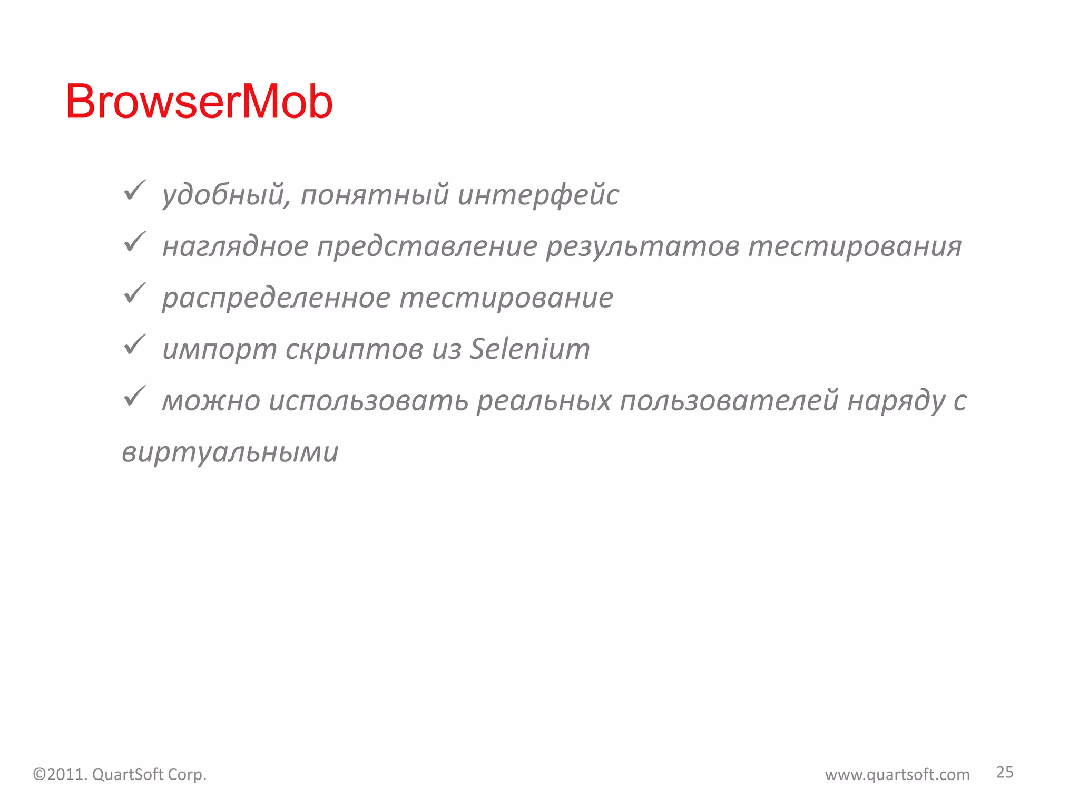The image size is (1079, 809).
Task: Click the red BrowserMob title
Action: coord(199,102)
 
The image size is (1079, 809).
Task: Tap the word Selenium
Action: coord(529,349)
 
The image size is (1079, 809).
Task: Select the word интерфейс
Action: coord(538,195)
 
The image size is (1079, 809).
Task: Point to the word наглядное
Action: coord(235,246)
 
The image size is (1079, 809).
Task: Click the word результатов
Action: coord(642,246)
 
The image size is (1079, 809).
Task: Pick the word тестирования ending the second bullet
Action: coord(855,246)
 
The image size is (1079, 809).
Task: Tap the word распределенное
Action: coord(276,298)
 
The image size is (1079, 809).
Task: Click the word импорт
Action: coord(219,349)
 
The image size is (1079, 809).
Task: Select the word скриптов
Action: coord(354,349)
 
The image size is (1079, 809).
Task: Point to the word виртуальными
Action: coord(230,452)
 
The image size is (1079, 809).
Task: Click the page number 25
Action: coord(1004,772)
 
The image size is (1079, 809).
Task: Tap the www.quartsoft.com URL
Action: coord(897,774)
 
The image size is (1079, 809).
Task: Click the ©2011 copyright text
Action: coord(120,774)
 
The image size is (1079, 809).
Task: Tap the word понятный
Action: coord(375,195)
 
